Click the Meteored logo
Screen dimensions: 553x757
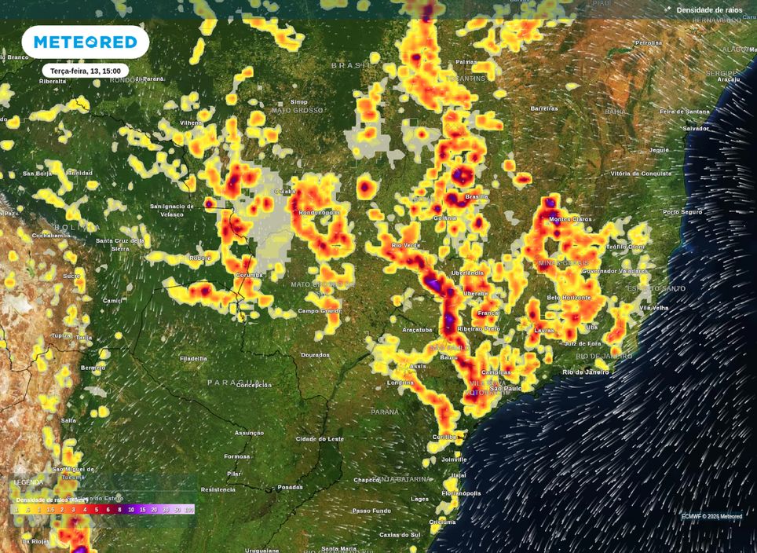86,42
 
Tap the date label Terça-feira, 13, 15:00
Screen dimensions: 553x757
86,71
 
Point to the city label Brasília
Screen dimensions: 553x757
477,196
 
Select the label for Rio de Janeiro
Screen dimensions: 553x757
586,372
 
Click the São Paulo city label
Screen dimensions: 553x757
506,389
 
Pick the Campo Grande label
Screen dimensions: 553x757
320,311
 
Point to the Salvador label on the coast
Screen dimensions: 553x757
696,128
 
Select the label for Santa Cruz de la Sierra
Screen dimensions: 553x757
120,244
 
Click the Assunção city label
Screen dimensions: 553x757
249,433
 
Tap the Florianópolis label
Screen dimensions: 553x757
461,493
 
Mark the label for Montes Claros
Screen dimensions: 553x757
570,219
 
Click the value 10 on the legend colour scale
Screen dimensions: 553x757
131,510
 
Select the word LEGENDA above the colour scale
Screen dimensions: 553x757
29,482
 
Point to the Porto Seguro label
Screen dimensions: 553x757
682,212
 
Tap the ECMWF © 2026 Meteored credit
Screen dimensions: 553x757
711,516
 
